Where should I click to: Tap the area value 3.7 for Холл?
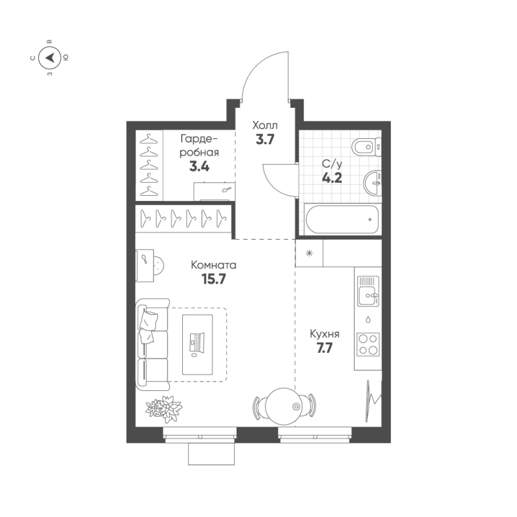(266, 139)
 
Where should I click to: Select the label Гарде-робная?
(199, 145)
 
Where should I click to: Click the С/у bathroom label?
(332, 164)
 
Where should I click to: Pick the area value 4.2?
(332, 178)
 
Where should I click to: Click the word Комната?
(213, 265)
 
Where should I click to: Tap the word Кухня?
(324, 334)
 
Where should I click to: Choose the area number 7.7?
(324, 350)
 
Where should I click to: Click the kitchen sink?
(368, 293)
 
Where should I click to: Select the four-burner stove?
(368, 344)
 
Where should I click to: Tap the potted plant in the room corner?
(164, 407)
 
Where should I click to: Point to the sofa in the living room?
(152, 344)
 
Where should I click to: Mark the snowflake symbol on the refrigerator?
(309, 253)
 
